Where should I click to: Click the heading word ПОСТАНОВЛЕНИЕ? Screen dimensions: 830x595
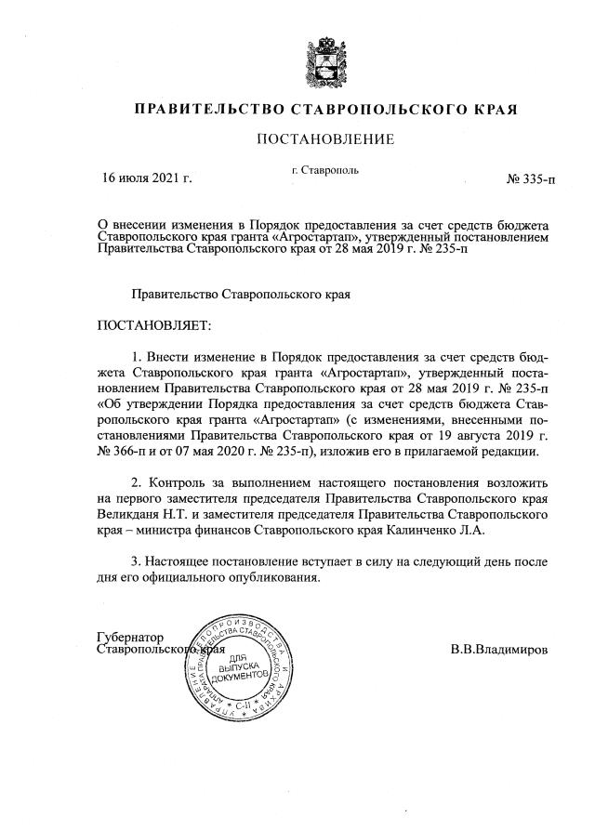[x=325, y=139]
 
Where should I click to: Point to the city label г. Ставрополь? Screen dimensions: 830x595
[x=325, y=169]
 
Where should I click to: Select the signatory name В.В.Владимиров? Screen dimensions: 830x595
[x=497, y=649]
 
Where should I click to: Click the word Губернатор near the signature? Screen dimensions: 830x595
[x=130, y=637]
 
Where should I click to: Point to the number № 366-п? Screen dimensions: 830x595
[x=126, y=451]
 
